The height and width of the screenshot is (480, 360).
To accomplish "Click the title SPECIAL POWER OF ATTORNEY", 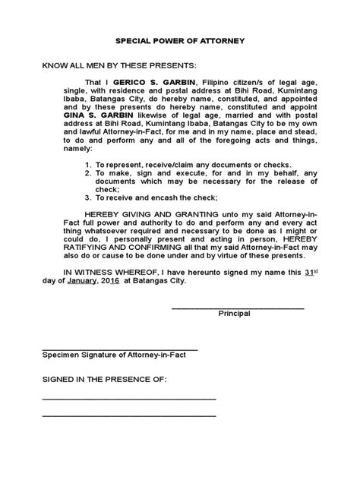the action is (x=180, y=44).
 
